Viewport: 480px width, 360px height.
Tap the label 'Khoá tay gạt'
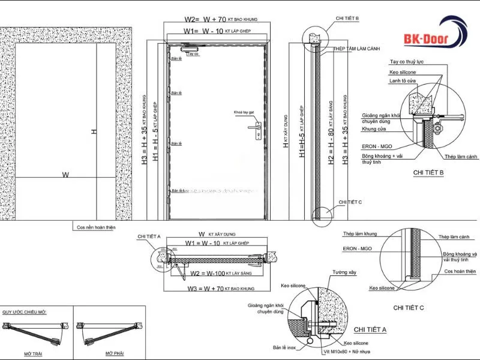coord(244,112)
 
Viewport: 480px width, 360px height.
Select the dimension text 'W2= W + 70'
coord(205,19)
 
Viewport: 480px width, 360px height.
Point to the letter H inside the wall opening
coord(94,131)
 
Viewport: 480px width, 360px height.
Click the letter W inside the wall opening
coord(65,175)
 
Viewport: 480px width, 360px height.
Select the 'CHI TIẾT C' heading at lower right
coord(408,307)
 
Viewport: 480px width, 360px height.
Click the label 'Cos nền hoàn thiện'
coord(96,227)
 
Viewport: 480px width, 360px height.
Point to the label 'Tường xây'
coord(344,272)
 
